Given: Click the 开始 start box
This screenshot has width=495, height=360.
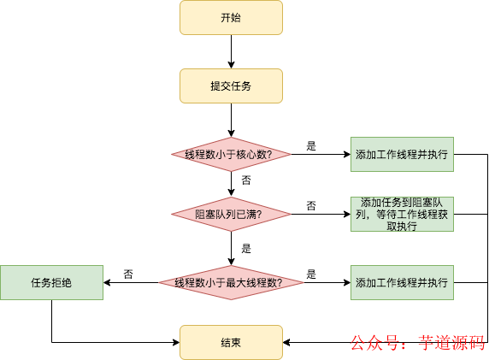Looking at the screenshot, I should [x=230, y=17].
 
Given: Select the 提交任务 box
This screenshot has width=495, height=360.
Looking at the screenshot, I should [x=230, y=86].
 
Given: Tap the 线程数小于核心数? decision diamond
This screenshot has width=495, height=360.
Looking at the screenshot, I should [x=230, y=155].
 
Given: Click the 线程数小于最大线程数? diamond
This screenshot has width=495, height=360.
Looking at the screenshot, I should [x=230, y=282].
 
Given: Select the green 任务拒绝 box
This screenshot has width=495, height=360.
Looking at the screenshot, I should [x=51, y=282].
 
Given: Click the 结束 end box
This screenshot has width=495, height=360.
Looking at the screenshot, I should [x=230, y=342].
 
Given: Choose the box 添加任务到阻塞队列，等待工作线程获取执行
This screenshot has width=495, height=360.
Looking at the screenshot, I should [x=402, y=214].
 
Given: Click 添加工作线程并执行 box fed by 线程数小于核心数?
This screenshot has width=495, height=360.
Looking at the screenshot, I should [x=402, y=155].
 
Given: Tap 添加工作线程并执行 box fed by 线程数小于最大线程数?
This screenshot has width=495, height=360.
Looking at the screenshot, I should [x=402, y=282].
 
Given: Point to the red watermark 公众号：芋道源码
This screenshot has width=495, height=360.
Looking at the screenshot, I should [x=418, y=343].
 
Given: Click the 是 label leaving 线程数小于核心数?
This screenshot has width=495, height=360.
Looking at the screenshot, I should [x=311, y=146].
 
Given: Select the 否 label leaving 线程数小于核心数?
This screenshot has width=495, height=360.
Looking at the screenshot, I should [x=246, y=180].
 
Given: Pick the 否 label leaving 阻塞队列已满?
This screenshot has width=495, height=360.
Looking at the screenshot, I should [x=311, y=206].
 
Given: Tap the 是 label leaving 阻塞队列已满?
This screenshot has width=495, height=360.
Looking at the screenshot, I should [x=246, y=249].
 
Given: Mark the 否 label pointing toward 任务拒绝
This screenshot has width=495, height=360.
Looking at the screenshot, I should [x=128, y=274].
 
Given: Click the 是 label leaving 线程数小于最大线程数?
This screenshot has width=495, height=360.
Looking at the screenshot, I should [x=311, y=274].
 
